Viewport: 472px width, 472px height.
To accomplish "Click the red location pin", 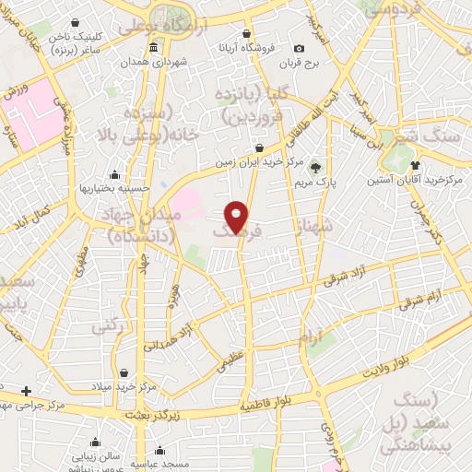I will click(x=238, y=216).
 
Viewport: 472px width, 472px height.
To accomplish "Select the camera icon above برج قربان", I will click(x=298, y=49).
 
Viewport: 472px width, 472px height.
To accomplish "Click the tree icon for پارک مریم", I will click(x=316, y=167).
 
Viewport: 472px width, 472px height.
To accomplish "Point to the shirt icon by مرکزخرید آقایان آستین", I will click(x=426, y=167).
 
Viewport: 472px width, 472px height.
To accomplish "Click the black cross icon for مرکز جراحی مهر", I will click(x=27, y=391).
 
